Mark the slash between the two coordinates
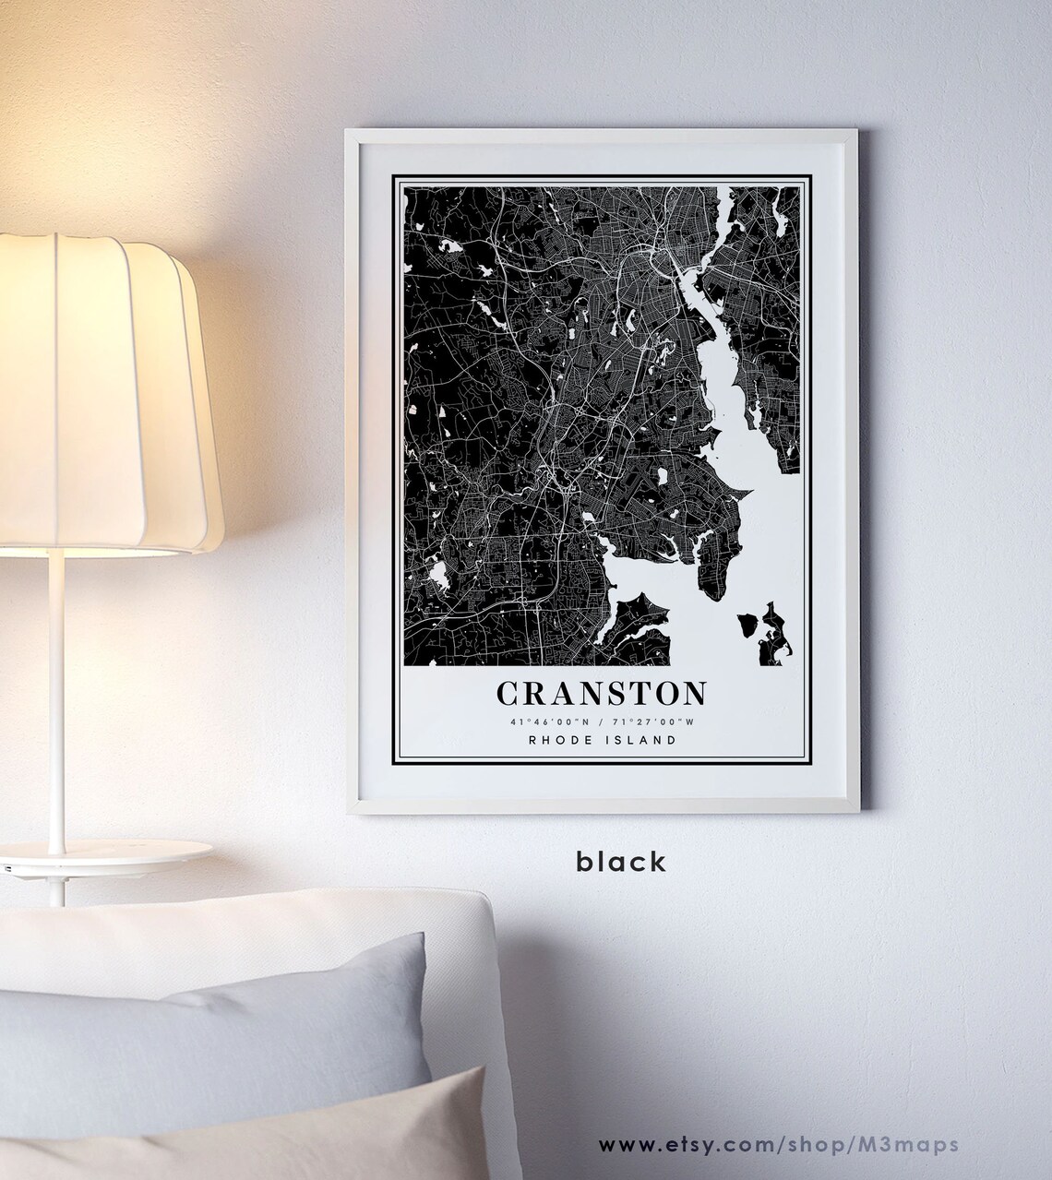[599, 721]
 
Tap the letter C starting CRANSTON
[508, 693]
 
